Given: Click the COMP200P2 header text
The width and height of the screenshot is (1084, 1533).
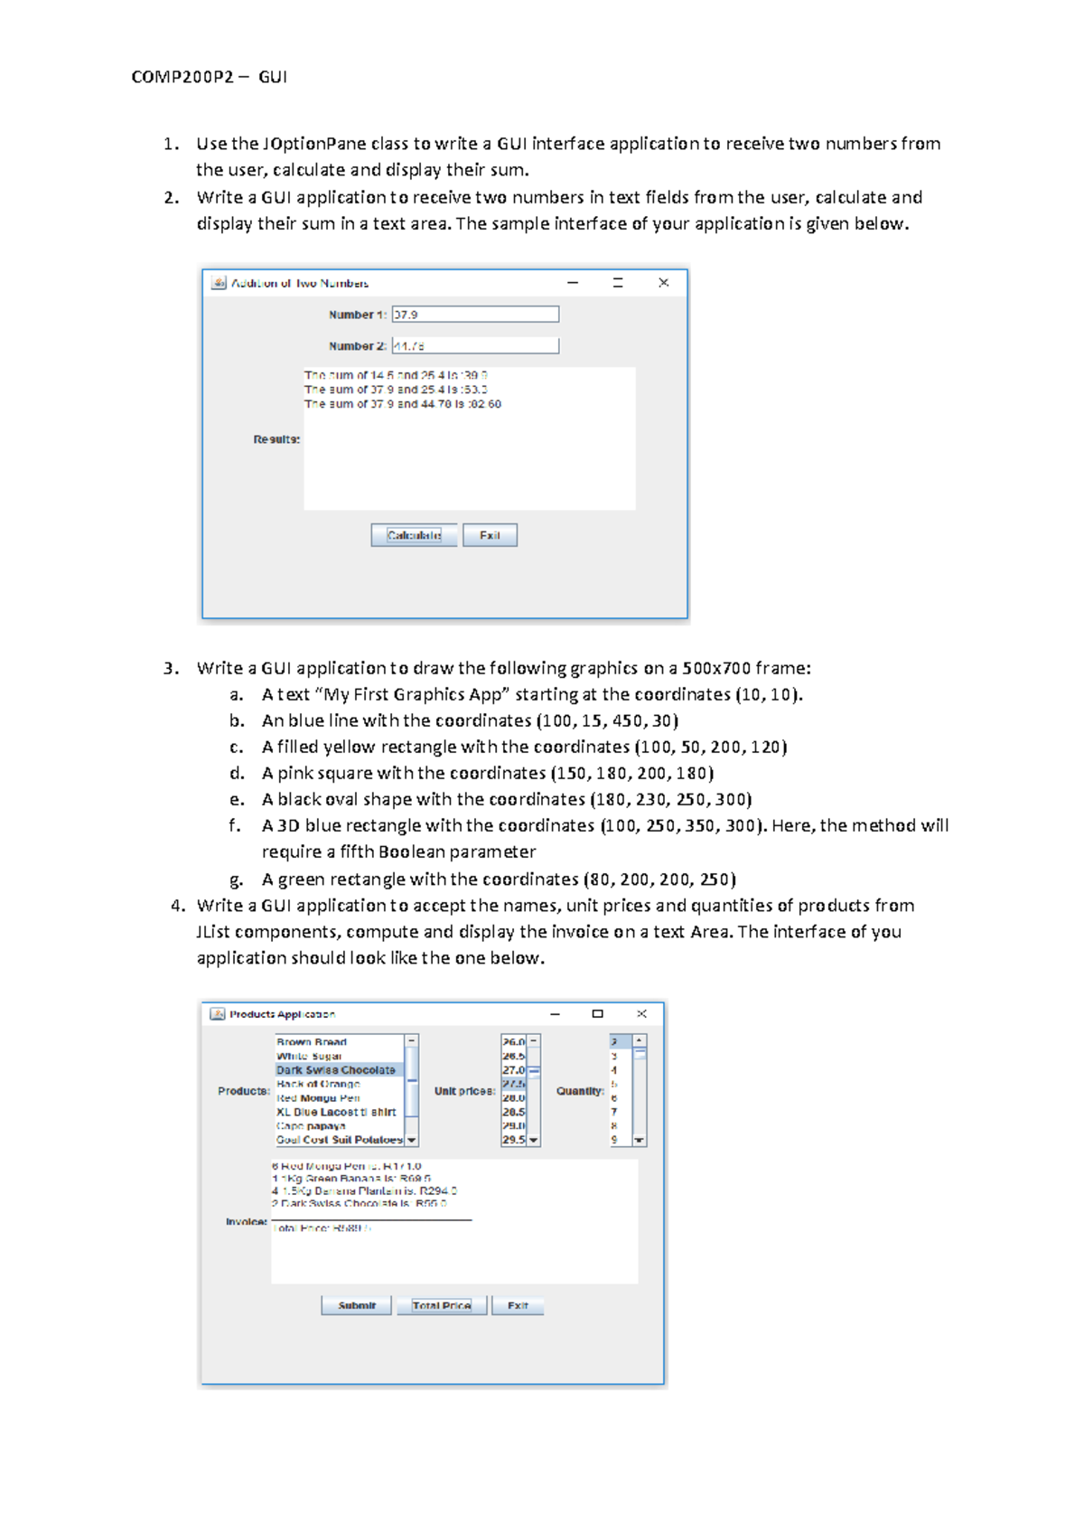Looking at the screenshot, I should pyautogui.click(x=182, y=77).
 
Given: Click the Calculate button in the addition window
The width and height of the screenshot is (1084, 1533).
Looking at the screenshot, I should pyautogui.click(x=414, y=535).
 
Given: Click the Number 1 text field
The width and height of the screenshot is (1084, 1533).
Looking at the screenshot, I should pyautogui.click(x=475, y=315).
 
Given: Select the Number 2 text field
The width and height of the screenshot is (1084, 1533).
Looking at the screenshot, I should pyautogui.click(x=475, y=346).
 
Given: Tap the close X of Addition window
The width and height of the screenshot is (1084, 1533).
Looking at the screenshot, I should pyautogui.click(x=663, y=283).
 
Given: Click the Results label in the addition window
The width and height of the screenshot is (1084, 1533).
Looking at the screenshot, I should pyautogui.click(x=276, y=439).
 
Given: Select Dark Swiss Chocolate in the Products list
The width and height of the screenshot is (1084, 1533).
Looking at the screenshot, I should pyautogui.click(x=336, y=1070).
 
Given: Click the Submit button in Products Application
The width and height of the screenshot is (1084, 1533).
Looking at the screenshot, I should pyautogui.click(x=356, y=1305).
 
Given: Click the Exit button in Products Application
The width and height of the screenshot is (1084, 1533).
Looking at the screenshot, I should pyautogui.click(x=518, y=1305).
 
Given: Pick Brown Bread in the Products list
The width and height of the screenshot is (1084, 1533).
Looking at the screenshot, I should pyautogui.click(x=312, y=1042).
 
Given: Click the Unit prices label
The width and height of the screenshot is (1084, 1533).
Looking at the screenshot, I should pyautogui.click(x=464, y=1091).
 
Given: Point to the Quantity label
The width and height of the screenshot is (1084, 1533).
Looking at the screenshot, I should pyautogui.click(x=580, y=1091).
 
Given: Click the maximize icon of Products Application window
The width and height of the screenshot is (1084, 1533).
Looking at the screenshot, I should pyautogui.click(x=597, y=1014).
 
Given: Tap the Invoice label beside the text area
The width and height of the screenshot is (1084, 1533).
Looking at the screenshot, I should pyautogui.click(x=247, y=1221).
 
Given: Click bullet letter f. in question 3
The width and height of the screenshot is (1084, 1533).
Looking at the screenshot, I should pyautogui.click(x=235, y=825).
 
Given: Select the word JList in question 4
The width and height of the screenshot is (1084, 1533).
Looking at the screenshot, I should pyautogui.click(x=213, y=932).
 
